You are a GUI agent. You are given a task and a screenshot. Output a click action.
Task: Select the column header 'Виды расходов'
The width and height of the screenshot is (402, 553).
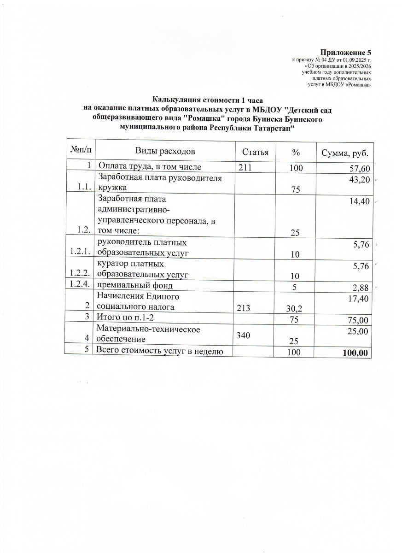pyautogui.click(x=165, y=151)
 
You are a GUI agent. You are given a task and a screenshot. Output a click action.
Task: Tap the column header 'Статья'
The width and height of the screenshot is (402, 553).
pyautogui.click(x=255, y=151)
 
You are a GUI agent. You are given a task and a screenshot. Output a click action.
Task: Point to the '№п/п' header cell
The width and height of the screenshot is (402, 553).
pyautogui.click(x=81, y=150)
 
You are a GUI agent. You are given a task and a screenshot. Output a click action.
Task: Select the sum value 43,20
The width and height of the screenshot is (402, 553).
pyautogui.click(x=358, y=179)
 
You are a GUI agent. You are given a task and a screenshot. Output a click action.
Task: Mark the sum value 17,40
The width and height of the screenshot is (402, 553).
pyautogui.click(x=358, y=300)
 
